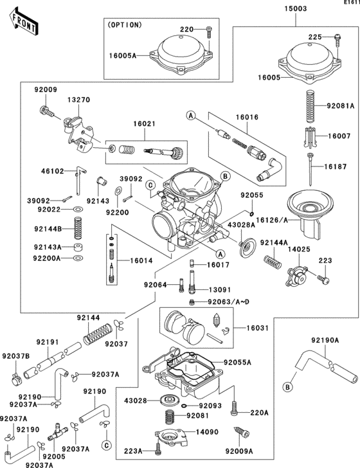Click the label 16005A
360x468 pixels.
(122, 56)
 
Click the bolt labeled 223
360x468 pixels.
(324, 280)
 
